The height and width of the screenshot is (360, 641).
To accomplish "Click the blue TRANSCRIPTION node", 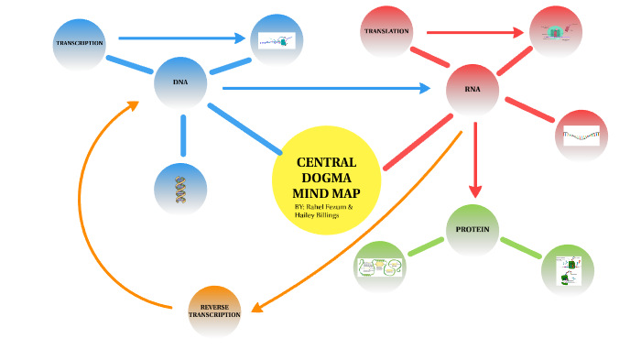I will pos(80,43).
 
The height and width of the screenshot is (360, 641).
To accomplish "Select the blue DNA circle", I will pos(180,82).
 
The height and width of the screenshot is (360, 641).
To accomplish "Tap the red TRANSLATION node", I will pos(386,32).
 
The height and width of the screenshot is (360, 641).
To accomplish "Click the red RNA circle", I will pos(473,90).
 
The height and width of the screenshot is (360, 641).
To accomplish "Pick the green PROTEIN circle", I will pos(473,229).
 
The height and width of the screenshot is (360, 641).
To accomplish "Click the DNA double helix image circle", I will pos(180,189).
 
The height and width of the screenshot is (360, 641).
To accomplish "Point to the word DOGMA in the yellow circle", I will pos(326,178).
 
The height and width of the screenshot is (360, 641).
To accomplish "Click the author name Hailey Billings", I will pos(317,216).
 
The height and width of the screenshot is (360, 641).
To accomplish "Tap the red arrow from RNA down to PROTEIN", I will pos(474,160).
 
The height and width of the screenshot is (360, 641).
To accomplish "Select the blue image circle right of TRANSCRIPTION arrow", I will pos(277,40).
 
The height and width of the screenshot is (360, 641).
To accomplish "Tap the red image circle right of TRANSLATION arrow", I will pos(557,32).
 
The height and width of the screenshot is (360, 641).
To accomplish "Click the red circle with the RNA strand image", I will pos(581,136).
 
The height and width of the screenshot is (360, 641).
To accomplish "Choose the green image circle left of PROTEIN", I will pos(380,268).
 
